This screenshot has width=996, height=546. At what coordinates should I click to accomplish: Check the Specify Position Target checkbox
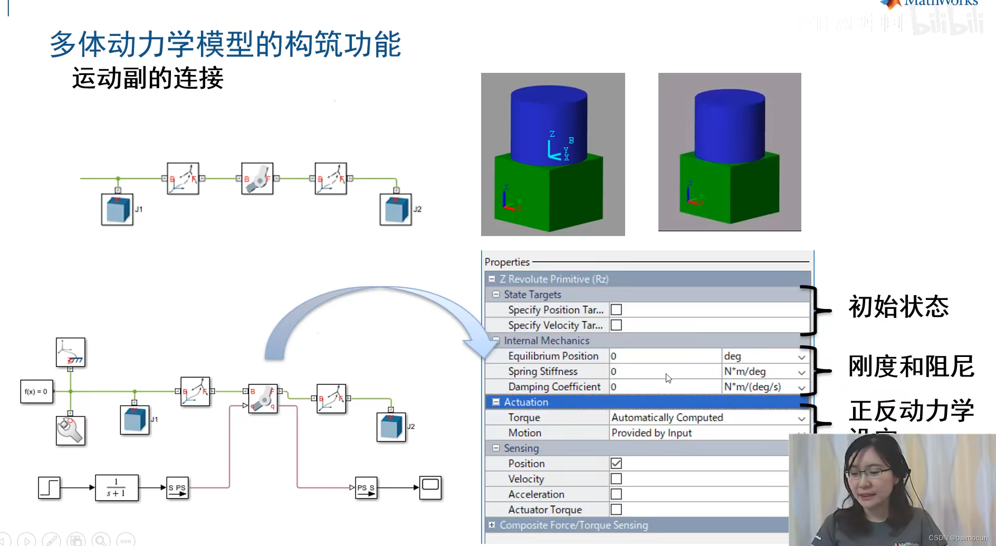[616, 310]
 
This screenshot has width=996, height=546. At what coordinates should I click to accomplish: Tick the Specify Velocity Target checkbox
[616, 325]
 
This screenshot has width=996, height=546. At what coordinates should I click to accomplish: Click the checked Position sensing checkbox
[616, 464]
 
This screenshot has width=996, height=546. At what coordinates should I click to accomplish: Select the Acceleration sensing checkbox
[616, 494]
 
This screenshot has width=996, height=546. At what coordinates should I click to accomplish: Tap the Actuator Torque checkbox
[616, 510]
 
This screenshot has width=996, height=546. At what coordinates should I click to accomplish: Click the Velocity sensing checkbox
[616, 479]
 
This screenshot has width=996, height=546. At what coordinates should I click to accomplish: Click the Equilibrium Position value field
[665, 356]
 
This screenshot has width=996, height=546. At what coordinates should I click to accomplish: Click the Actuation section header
[526, 402]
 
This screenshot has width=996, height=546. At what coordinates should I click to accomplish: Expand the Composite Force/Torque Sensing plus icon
[492, 525]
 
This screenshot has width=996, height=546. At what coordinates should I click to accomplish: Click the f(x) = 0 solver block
[36, 392]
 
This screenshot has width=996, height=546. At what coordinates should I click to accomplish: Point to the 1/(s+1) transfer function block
[117, 487]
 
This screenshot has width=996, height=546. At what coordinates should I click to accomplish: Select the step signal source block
[49, 487]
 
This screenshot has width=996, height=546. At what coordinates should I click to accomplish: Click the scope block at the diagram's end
[430, 487]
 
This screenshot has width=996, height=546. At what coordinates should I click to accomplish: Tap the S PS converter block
[177, 488]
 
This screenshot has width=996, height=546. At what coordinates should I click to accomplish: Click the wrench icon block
[70, 430]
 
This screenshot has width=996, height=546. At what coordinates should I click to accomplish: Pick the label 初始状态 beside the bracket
[898, 307]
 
